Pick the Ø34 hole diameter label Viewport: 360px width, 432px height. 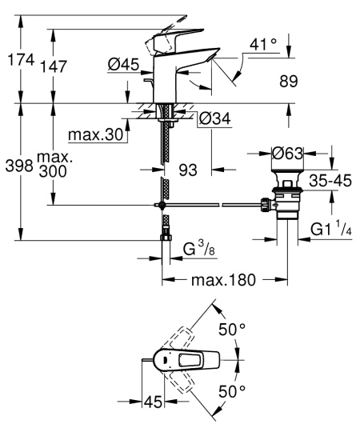pyautogui.click(x=214, y=118)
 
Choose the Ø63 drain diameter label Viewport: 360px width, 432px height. pyautogui.click(x=288, y=152)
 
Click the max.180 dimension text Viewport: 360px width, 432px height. pyautogui.click(x=225, y=281)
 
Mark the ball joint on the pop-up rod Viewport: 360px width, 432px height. pyautogui.click(x=162, y=206)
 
